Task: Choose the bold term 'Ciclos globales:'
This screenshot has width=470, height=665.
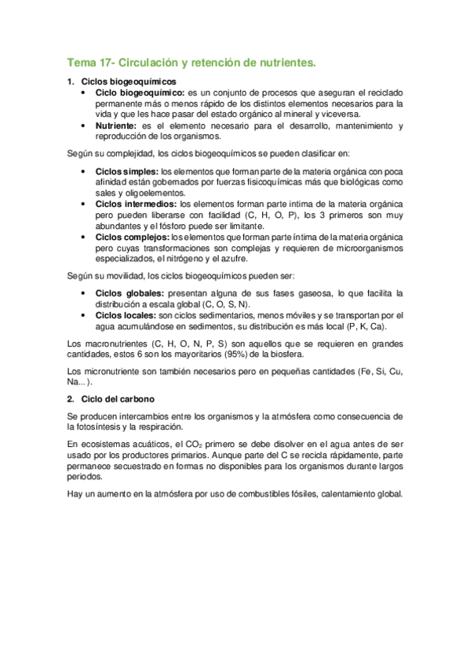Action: click(129, 293)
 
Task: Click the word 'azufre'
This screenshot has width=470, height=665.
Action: click(232, 259)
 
